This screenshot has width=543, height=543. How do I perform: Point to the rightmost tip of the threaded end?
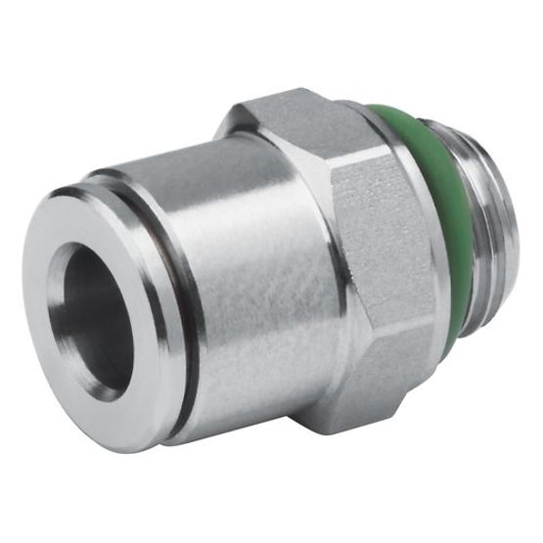[x=508, y=245]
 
